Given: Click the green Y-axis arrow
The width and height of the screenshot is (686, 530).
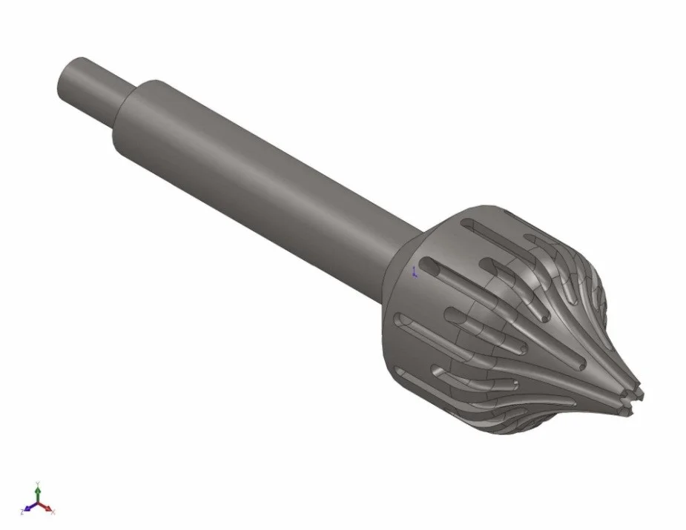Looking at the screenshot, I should (38, 495).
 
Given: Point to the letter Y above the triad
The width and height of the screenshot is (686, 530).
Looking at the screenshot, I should (38, 483).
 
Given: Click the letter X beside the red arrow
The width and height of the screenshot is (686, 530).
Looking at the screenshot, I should (53, 513).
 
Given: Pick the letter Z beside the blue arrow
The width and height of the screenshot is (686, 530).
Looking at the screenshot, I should (22, 512).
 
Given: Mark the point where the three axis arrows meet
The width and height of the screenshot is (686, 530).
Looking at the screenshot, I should (38, 502).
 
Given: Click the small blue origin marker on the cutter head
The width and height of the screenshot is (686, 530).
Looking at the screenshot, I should (414, 272).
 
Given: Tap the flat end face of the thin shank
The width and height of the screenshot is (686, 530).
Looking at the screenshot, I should (68, 77).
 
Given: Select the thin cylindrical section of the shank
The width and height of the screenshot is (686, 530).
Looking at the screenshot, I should (96, 93).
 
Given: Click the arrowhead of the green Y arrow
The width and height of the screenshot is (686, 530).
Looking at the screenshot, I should (38, 490).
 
